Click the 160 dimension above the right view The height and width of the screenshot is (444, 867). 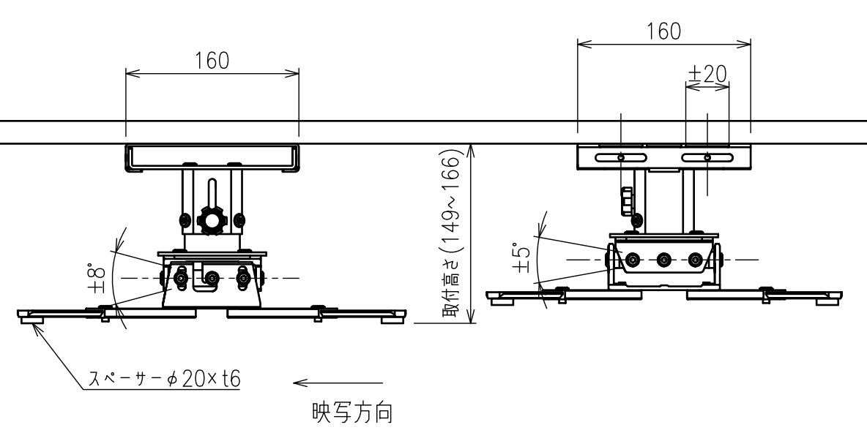coord(663,31)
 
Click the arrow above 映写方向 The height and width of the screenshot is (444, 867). coord(338,383)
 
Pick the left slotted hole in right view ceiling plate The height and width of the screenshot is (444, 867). coord(621,158)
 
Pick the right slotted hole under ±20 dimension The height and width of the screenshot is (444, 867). coord(707,158)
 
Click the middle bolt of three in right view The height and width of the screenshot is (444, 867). coord(663,259)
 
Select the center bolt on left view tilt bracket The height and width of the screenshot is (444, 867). coord(212,277)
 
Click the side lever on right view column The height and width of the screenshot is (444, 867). coord(627,201)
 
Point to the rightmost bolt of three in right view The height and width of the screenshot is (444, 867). coord(696,259)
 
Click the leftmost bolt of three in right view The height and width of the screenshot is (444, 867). coord(632,259)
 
